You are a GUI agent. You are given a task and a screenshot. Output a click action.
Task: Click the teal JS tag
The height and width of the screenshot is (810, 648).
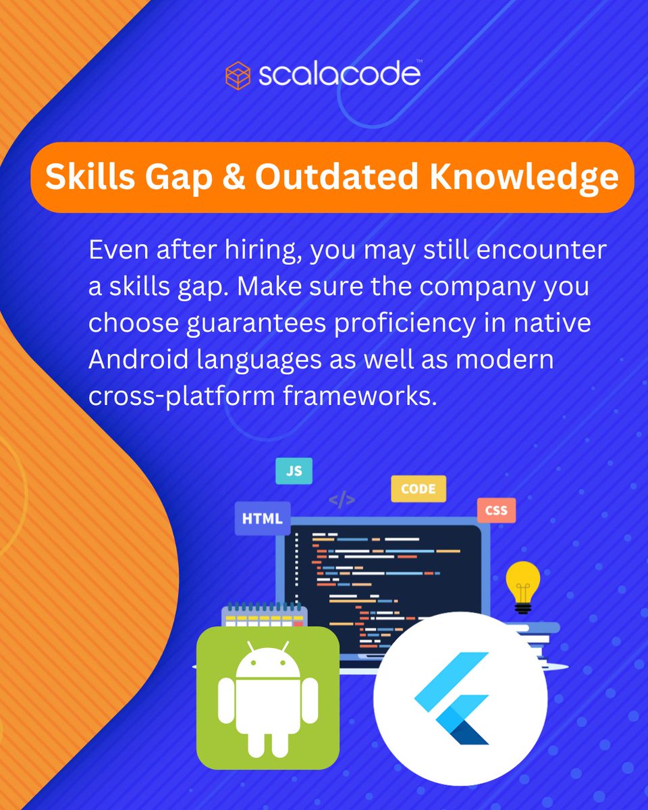[x=294, y=471]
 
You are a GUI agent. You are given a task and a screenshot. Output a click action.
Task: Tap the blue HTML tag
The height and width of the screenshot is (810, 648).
[x=262, y=518]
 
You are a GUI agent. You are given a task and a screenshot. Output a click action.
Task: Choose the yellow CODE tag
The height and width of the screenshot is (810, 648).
[x=418, y=489]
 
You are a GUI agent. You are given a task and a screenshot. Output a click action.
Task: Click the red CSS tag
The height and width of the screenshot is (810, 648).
[x=496, y=510]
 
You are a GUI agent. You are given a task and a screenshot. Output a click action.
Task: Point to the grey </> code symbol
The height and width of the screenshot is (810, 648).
[x=342, y=500]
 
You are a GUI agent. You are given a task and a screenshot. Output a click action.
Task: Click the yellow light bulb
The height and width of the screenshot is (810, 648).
[x=523, y=583]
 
